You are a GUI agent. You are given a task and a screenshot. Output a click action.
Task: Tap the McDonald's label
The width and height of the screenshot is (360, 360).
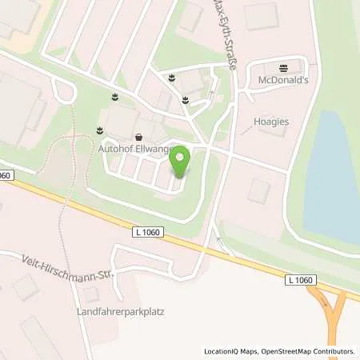click(x=282, y=82)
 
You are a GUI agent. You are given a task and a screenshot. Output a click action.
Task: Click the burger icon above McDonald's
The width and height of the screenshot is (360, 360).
click(x=282, y=68)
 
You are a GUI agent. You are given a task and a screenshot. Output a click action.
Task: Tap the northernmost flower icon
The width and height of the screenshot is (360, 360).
click(x=171, y=77)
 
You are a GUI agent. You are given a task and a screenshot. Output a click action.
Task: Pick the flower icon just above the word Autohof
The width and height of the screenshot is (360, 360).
click(x=100, y=129)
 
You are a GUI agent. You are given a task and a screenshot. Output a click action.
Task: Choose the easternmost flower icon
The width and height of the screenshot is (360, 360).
click(x=185, y=100)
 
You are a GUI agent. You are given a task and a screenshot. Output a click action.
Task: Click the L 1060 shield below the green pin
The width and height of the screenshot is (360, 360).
click(x=147, y=232)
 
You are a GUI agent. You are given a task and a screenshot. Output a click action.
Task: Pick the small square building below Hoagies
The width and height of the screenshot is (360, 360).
click(x=259, y=190)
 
